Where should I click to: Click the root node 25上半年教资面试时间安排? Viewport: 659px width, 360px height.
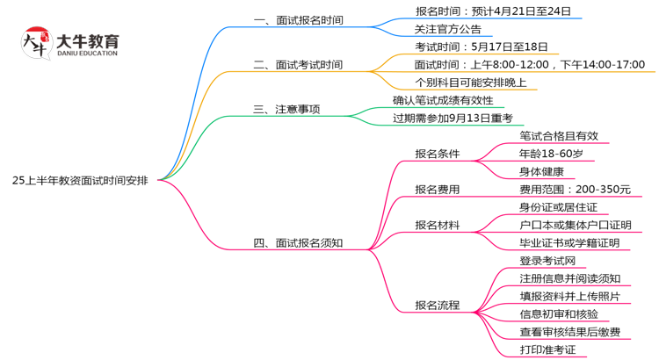[x=80, y=180]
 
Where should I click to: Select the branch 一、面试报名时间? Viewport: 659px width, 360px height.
[x=298, y=20]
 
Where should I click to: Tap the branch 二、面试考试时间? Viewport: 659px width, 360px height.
[x=298, y=65]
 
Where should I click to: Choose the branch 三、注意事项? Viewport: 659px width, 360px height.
[x=286, y=110]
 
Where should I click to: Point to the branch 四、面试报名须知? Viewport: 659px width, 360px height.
[x=298, y=243]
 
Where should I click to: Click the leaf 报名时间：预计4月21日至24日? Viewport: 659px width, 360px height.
[x=493, y=11]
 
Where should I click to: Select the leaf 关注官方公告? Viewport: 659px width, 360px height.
[x=448, y=29]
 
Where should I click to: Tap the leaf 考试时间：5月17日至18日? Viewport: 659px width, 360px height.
[x=481, y=47]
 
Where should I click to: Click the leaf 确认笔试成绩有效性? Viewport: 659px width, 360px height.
[x=443, y=100]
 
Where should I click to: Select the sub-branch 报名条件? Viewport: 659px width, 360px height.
[x=438, y=154]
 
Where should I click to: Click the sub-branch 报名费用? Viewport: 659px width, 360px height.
[x=438, y=190]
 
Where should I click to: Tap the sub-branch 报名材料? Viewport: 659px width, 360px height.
[x=438, y=225]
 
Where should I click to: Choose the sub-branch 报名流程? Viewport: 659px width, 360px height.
[x=438, y=306]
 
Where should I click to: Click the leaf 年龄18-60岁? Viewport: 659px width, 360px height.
[x=551, y=154]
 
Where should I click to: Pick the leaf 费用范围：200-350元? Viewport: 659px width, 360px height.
[x=575, y=190]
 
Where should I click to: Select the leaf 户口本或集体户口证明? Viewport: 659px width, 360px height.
[x=575, y=225]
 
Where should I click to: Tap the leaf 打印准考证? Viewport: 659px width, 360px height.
[x=547, y=349]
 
